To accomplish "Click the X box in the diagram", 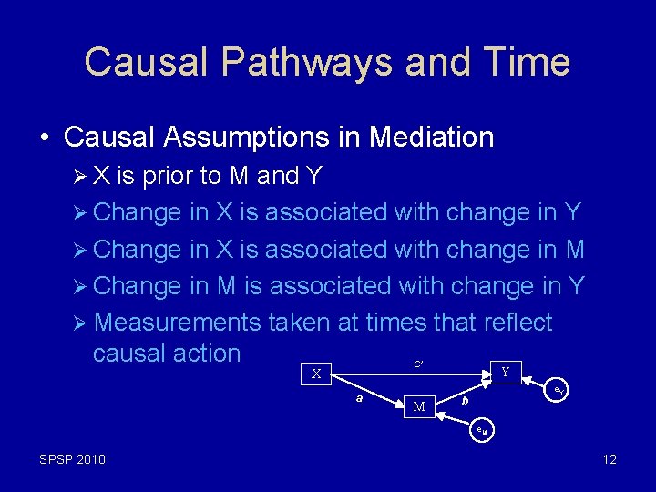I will tap(316, 374).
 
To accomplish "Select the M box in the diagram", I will tap(419, 406).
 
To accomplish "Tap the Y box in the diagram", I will tap(505, 371).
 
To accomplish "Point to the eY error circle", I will tap(560, 390).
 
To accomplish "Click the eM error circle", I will tap(482, 430).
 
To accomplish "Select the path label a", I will tap(360, 398).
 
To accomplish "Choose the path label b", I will tap(465, 400).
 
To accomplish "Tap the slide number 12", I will tap(610, 459).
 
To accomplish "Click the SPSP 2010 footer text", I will tap(72, 459).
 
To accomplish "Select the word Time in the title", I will tap(528, 62).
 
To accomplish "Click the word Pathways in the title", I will tap(306, 62).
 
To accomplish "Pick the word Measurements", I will tap(179, 323).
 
